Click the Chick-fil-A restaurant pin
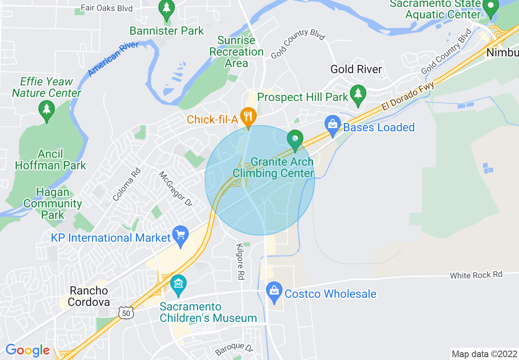[x=248, y=117]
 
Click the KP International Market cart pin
[x=181, y=235]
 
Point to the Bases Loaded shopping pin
[x=332, y=124]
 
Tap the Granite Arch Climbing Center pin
[x=295, y=139]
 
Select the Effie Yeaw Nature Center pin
[x=47, y=110]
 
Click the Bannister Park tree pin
[x=167, y=9]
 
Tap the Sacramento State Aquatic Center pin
[x=490, y=7]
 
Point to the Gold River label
[x=356, y=69]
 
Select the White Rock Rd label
[x=476, y=275]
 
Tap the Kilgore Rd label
[x=240, y=262]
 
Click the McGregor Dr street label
[x=176, y=189]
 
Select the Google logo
[x=27, y=351]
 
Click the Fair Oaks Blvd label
[x=106, y=8]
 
